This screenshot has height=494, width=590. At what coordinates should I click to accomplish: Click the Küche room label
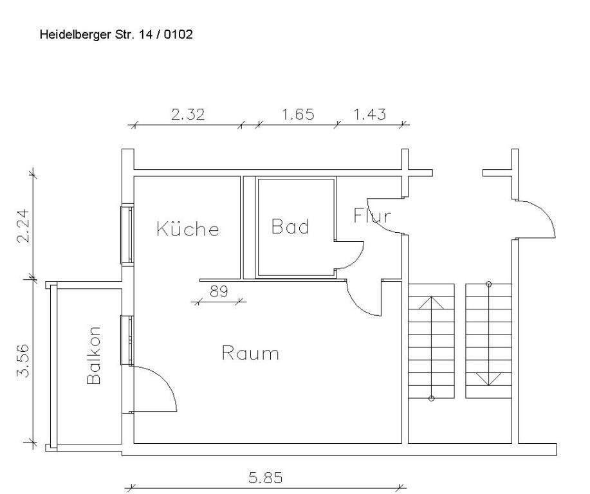(188, 229)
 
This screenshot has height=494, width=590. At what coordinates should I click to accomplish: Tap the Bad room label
(290, 226)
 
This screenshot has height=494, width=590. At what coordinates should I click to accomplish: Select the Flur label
(372, 215)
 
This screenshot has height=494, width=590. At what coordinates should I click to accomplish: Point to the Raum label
(250, 353)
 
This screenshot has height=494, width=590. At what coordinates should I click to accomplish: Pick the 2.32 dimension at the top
(188, 114)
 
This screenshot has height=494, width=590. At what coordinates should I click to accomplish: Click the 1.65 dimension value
(298, 114)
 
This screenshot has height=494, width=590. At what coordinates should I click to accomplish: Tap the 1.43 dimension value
(370, 114)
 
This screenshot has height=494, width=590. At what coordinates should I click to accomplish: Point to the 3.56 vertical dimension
(24, 361)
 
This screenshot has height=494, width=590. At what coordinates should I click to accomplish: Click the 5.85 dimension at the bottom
(265, 478)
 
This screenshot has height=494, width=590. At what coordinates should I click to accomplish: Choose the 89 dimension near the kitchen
(219, 291)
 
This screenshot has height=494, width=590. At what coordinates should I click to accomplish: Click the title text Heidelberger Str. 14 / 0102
(116, 34)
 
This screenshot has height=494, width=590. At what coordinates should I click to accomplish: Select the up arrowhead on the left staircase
(431, 301)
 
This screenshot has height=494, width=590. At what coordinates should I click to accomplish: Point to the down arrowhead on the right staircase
(488, 380)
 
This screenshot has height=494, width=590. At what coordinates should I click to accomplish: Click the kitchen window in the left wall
(129, 234)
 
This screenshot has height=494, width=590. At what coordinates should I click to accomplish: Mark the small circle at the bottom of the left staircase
(431, 399)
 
